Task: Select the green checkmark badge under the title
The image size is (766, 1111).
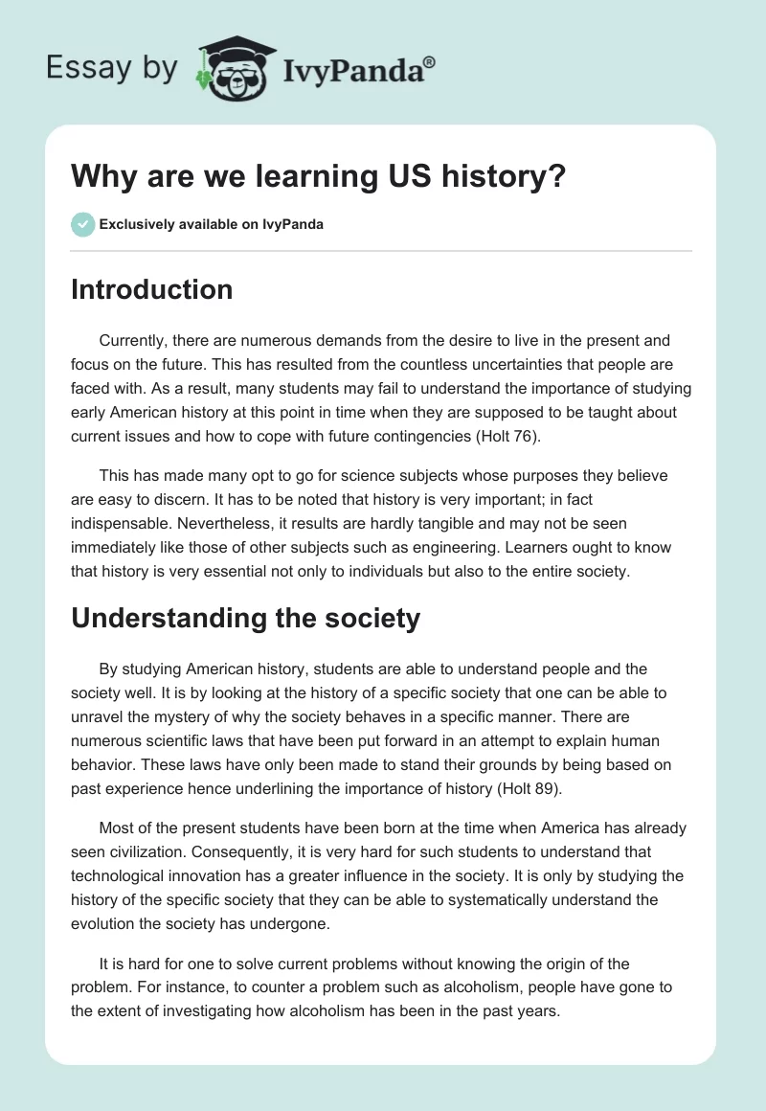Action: [82, 224]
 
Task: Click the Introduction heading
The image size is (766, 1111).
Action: [151, 289]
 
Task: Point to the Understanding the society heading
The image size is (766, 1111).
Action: [245, 618]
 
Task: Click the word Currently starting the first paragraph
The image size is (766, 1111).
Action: [135, 341]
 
